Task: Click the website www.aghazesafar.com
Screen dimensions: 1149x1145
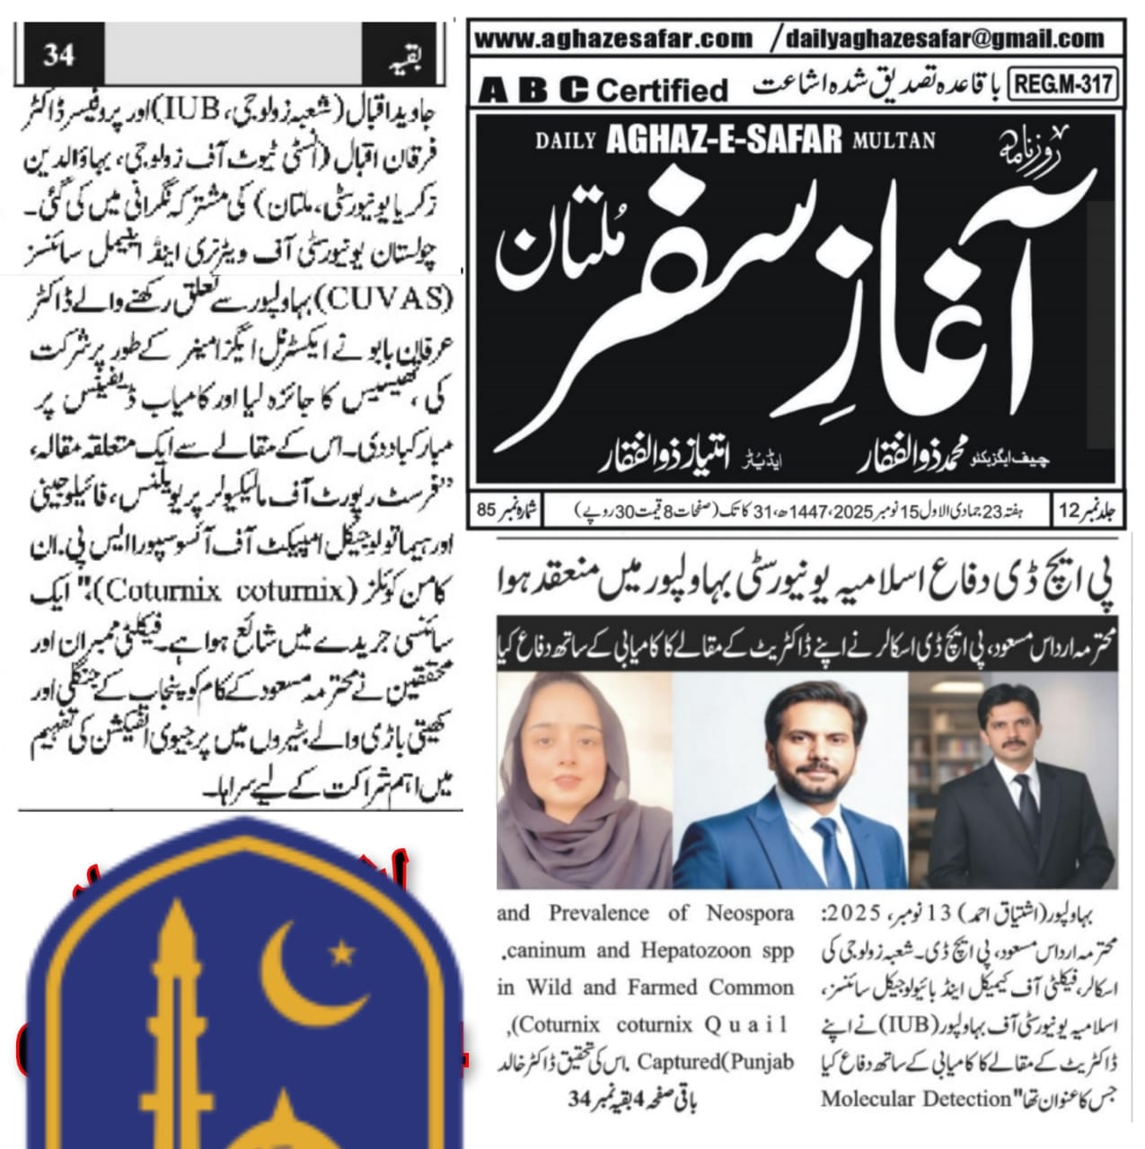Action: (x=612, y=38)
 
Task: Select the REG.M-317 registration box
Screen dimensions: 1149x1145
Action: (x=1064, y=86)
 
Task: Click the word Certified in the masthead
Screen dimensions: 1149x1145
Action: (x=662, y=90)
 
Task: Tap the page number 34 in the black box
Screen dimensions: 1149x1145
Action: (x=58, y=55)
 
